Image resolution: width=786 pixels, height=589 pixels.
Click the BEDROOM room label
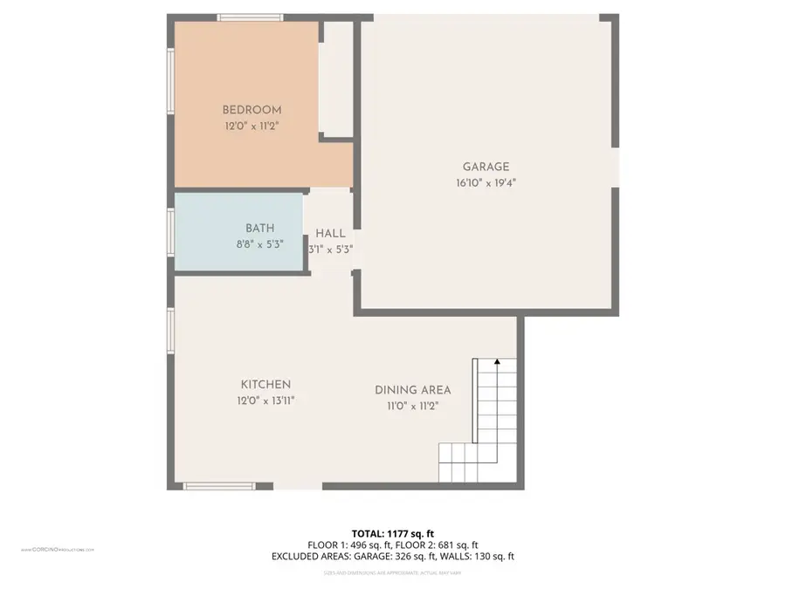(x=252, y=110)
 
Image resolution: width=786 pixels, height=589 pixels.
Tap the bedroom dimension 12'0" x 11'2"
(x=252, y=126)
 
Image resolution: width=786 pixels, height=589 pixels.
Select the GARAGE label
(x=486, y=168)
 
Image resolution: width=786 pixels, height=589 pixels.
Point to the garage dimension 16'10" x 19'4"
(x=486, y=183)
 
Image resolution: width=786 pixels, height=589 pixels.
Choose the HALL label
(x=330, y=234)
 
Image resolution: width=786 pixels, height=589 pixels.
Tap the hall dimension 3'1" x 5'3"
(x=330, y=249)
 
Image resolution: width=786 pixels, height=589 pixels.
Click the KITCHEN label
(x=265, y=385)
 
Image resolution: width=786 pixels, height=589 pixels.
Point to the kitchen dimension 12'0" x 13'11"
(x=265, y=401)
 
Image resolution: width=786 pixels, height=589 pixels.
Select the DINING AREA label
(x=412, y=390)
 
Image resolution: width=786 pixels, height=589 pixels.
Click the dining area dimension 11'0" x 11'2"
(x=412, y=406)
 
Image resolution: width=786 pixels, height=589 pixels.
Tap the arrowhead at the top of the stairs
(x=497, y=360)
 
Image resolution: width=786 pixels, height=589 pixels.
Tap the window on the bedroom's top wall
(x=250, y=17)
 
